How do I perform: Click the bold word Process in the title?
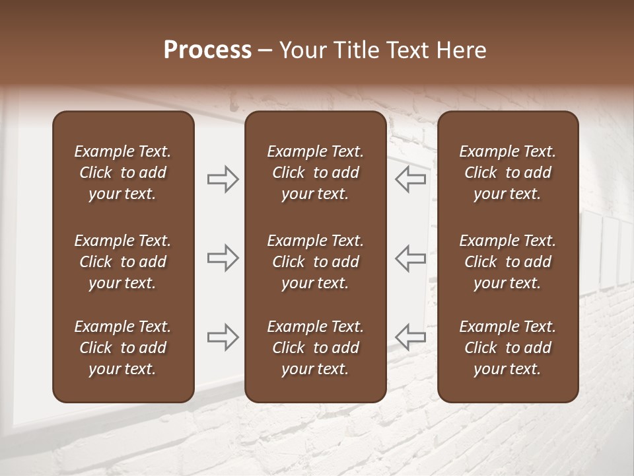tap(207, 50)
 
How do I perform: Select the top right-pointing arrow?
tap(223, 179)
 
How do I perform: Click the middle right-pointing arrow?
tap(223, 258)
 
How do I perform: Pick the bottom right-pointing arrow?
tap(223, 337)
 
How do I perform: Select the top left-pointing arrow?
tap(411, 179)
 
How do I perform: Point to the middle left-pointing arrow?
tap(411, 258)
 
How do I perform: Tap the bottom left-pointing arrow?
tap(411, 337)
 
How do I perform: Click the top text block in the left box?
tap(123, 173)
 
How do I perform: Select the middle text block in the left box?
tap(123, 262)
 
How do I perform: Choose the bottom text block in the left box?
tap(123, 348)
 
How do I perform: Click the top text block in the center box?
tap(316, 173)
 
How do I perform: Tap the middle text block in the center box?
tap(316, 262)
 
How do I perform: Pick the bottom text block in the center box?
tap(316, 348)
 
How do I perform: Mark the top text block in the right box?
tap(508, 173)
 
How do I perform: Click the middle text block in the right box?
tap(508, 262)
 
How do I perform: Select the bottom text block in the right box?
tap(508, 348)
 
